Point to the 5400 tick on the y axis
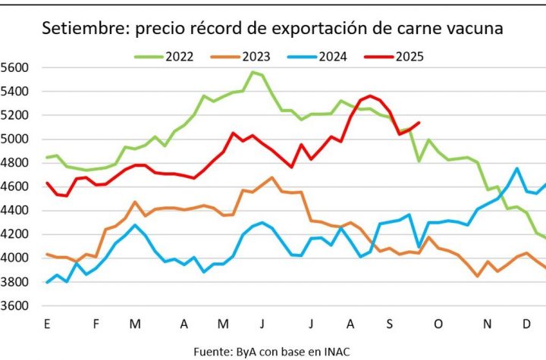14,92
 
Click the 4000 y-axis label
14,258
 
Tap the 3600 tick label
14,306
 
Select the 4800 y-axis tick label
14,163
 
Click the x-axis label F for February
96,324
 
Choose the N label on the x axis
488,324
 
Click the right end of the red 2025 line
419,123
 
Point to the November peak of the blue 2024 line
516,169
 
